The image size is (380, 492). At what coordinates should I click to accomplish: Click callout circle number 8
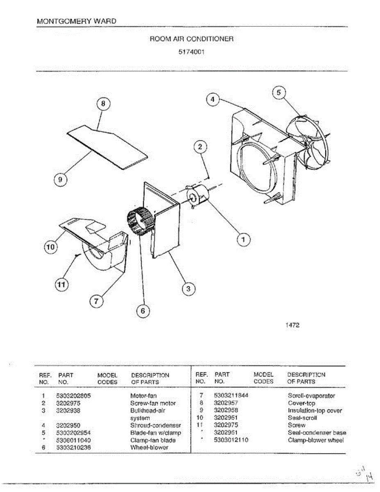pos(103,104)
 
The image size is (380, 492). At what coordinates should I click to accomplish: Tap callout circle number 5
pos(279,93)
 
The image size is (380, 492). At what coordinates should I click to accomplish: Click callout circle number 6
pos(143,311)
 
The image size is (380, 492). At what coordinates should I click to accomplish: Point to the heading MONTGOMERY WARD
pos(76,21)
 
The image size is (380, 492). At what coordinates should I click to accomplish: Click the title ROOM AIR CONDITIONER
pos(191,39)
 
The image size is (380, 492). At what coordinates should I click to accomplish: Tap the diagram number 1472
pos(292,325)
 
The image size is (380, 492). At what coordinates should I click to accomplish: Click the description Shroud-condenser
pos(155,426)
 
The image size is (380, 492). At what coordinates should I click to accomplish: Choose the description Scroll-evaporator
pos(312,396)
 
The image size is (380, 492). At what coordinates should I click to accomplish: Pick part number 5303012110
pos(231,440)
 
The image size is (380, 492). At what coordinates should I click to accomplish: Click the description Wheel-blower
pos(149,447)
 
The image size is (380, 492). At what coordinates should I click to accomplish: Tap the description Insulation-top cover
pos(315,410)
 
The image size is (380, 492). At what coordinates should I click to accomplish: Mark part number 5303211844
pos(232,396)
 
